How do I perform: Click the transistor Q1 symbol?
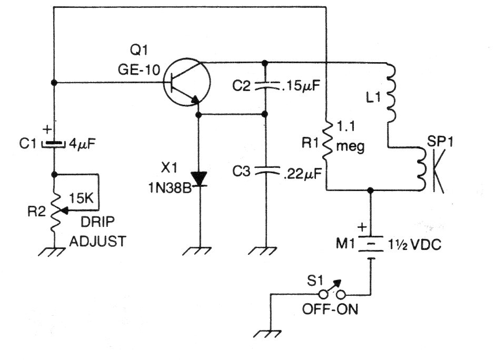[187, 82]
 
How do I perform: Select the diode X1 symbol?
[200, 179]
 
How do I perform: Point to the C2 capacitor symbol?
[266, 85]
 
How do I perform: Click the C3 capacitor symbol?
[266, 171]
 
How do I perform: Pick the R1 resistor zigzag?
[328, 142]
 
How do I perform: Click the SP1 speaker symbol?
[431, 169]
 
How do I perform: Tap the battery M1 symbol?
[371, 247]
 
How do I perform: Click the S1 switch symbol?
[332, 291]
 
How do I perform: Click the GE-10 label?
[139, 69]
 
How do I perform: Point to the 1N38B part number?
[170, 188]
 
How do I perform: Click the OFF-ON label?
[330, 309]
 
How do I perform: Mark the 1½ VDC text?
[414, 245]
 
